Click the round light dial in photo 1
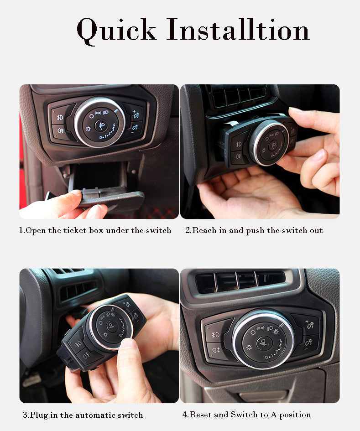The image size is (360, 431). (99, 122)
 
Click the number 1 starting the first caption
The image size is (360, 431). (21, 230)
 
